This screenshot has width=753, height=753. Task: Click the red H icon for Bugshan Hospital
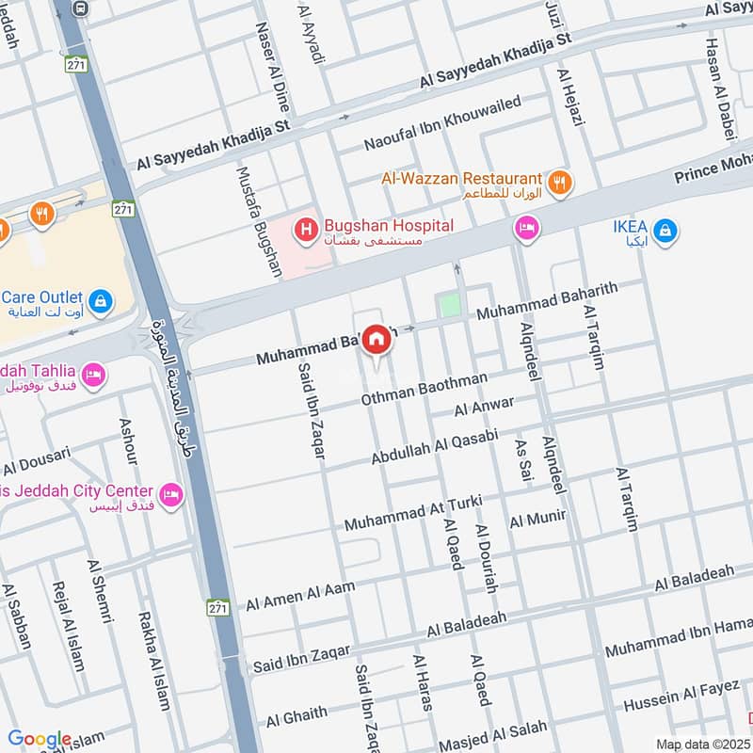tap(305, 229)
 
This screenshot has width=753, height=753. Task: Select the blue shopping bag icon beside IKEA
tap(665, 230)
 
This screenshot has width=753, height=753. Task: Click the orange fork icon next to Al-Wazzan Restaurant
tap(560, 183)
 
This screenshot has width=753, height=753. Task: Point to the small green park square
tap(451, 306)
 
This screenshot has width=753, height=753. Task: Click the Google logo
tap(40, 739)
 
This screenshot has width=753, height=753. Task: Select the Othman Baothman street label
tap(425, 389)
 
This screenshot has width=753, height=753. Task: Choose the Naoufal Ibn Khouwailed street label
tap(442, 123)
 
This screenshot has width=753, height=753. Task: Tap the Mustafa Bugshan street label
tap(259, 222)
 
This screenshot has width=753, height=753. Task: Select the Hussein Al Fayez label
tap(682, 696)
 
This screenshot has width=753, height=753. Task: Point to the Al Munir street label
tap(537, 518)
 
